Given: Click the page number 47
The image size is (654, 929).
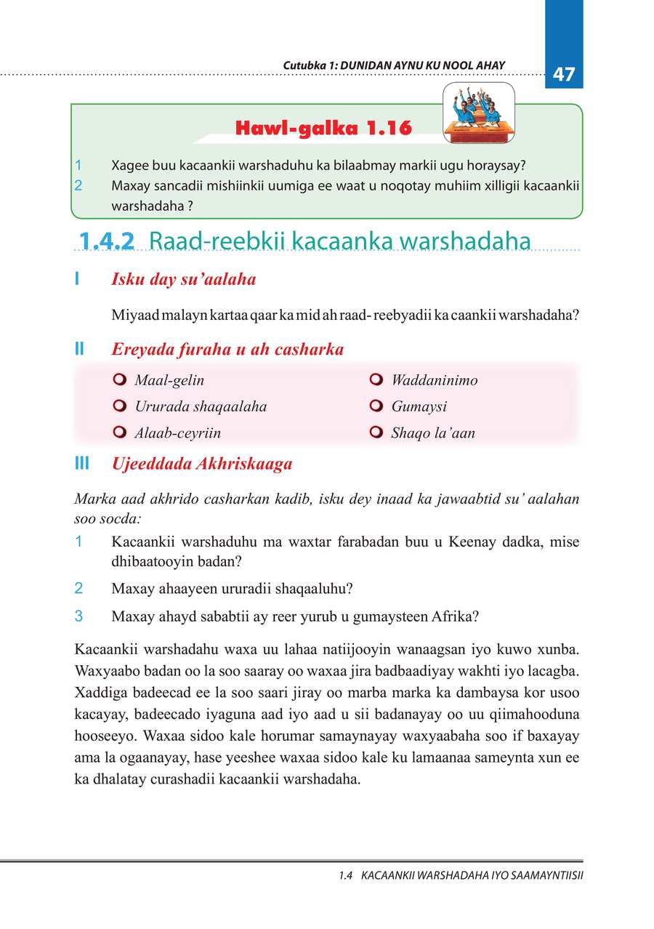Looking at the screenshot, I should (564, 74).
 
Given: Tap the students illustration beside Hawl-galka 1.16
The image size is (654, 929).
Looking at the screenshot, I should (479, 114).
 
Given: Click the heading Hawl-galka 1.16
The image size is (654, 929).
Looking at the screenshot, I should (323, 129).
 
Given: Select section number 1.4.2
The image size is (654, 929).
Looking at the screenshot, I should (107, 241).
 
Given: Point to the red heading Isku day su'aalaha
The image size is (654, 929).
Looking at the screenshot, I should (183, 279).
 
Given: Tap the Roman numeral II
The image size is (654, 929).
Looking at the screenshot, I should (79, 350).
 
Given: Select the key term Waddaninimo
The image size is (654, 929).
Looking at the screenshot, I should (434, 380).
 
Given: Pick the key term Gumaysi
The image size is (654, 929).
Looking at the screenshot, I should (419, 407).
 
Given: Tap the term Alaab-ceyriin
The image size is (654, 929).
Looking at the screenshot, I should (177, 433).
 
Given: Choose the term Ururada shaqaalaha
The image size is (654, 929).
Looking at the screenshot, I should (201, 407).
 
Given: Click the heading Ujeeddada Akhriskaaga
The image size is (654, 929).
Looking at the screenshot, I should (202, 464).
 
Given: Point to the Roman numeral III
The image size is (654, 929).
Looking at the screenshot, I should (81, 464).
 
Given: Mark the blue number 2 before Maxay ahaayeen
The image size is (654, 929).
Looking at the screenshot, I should (78, 588).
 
